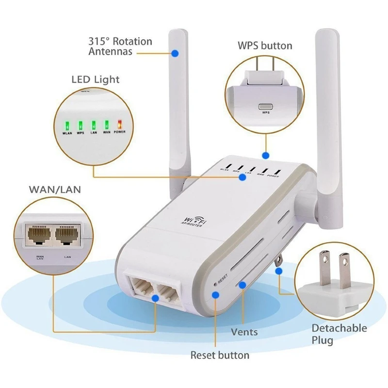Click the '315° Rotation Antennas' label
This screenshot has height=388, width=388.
pyautogui.click(x=120, y=46)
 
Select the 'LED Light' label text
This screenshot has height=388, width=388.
pyautogui.click(x=96, y=79)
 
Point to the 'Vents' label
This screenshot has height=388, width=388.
pyautogui.click(x=244, y=332)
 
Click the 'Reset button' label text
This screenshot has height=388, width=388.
pyautogui.click(x=220, y=355)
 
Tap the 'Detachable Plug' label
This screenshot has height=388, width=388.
pyautogui.click(x=339, y=334)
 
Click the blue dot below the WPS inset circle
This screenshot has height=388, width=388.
pyautogui.click(x=265, y=156)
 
